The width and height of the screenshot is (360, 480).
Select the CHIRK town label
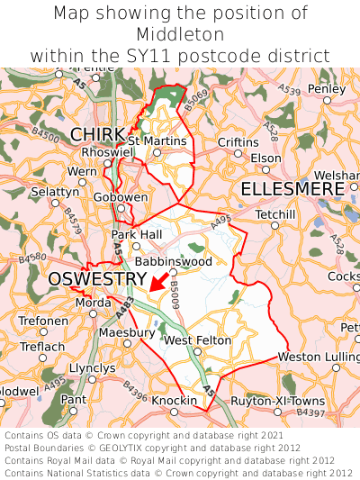tap(97, 135)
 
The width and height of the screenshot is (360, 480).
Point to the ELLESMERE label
tap(292, 189)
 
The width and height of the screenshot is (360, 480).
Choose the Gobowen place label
tap(120, 196)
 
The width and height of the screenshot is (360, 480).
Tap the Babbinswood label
tap(174, 261)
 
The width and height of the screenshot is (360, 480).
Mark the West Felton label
tap(197, 340)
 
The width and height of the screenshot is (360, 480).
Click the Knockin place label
tap(174, 400)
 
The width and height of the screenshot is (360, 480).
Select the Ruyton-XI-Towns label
tap(278, 400)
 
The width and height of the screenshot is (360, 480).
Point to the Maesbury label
tap(126, 332)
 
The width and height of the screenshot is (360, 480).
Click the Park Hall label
tap(136, 234)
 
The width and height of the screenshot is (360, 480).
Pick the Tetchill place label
tap(275, 214)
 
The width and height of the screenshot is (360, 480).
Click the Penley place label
tap(326, 89)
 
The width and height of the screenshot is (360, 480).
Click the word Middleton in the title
tap(180, 34)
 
